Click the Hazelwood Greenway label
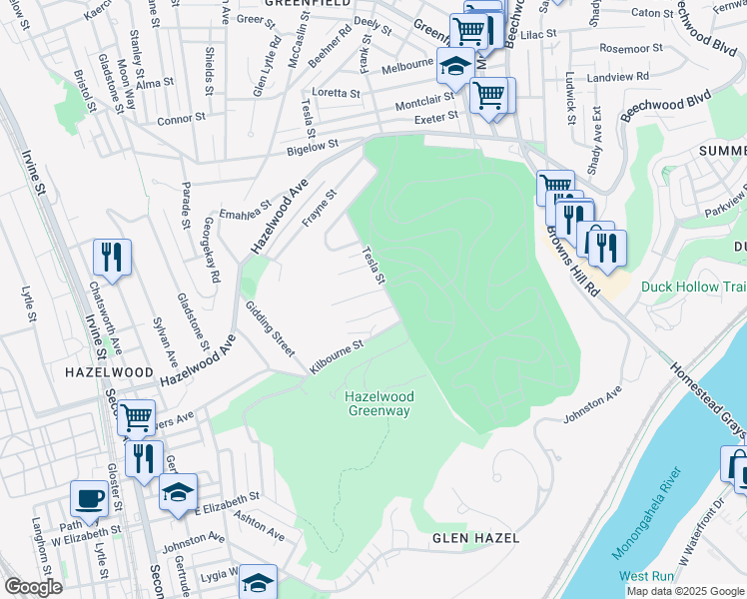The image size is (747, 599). point(379,403)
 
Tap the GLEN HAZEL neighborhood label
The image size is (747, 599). point(475,538)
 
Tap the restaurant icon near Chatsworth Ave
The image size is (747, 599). point(112,258)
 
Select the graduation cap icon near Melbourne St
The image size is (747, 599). point(455,67)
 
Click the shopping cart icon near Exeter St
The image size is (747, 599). point(488,96)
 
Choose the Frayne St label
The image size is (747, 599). point(321,208)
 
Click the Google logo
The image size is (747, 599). point(33,587)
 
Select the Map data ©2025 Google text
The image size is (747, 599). point(685,591)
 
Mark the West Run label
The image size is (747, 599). point(646,577)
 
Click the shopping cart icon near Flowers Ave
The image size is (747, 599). point(136,417)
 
